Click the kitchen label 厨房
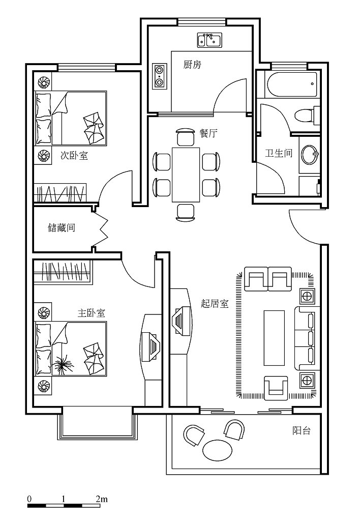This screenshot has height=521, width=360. pos(192,65)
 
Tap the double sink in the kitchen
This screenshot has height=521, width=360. pos(209,40)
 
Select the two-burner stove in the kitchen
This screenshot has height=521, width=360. pos(160,76)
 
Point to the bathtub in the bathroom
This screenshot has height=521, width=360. pos(291,84)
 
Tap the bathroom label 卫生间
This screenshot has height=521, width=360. pos(279,153)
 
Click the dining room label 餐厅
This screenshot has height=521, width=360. pos(208,134)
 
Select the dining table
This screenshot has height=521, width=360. pos(186,175)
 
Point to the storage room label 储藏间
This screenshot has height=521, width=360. pos(62,227)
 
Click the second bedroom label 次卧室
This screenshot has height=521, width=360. pos(74,155)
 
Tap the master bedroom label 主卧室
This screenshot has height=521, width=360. pos(92,313)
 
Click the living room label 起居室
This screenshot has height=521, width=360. pos(215,303)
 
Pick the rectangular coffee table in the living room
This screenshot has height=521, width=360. pos(274,338)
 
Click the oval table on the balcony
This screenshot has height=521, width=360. pos(218,450)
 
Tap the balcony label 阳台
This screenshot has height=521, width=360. pos(302,431)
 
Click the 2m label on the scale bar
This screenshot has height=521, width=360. pos(102,499)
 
